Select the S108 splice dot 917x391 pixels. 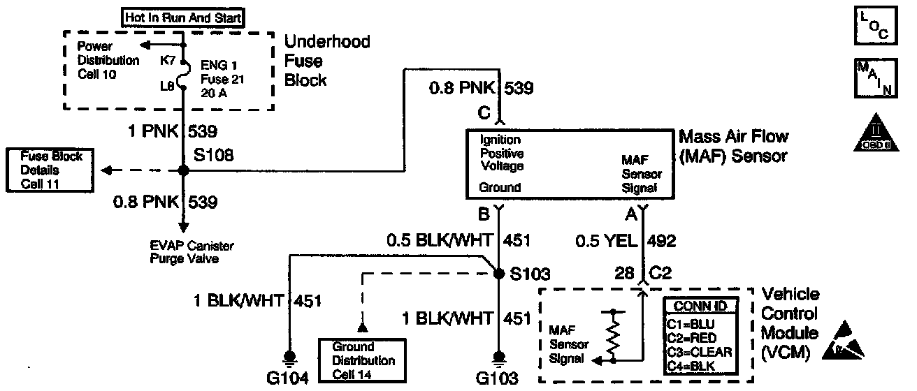coord(184,170)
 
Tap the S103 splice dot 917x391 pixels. coord(498,274)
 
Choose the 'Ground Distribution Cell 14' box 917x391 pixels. coord(362,360)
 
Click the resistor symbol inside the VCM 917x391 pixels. coord(613,336)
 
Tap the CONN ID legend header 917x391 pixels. coord(700,306)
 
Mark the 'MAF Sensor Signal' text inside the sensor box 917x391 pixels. coord(640,175)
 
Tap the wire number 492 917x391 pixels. coord(663,241)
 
